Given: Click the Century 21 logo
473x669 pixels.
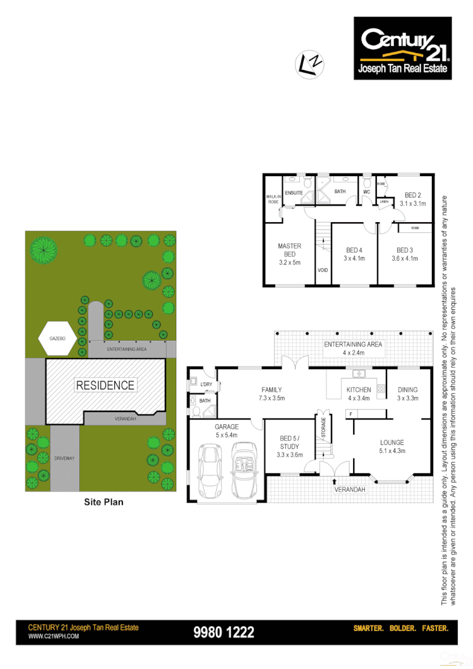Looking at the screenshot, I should point(403,48).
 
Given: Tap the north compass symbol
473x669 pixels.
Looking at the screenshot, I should point(310,64).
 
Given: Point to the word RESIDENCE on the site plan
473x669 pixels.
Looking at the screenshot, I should point(105,385).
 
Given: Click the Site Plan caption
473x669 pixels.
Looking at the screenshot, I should point(104,502).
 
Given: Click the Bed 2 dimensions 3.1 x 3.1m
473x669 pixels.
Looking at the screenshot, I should point(412,204).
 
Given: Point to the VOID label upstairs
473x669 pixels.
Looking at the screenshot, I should point(323,270).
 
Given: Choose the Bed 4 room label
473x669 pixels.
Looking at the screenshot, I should point(354,250).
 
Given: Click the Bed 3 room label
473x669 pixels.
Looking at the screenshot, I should point(404,250).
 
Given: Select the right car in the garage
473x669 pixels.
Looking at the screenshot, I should point(244,470).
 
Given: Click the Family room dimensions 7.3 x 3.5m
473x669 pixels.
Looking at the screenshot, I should point(272,398).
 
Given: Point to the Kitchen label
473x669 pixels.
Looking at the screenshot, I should point(359,389).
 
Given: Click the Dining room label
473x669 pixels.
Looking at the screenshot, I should point(407,389).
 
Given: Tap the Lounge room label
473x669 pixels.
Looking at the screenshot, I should point(392,442).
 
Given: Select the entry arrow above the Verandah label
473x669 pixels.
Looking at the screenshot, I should point(334,482).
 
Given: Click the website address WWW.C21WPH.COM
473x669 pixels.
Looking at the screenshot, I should point(54,637).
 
